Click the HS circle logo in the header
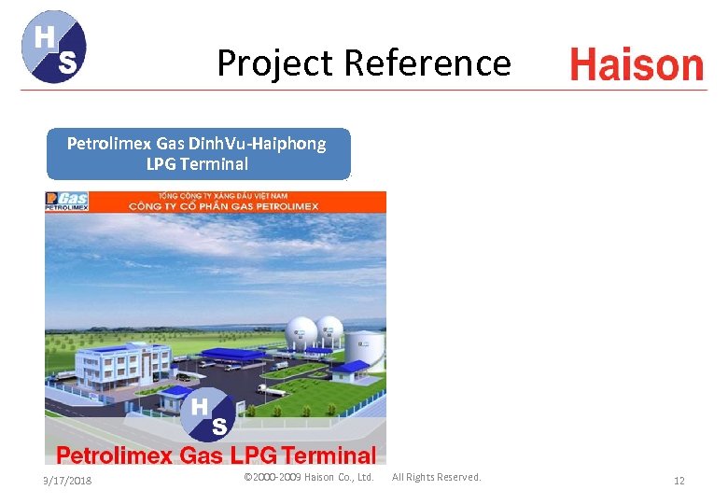(x=53, y=47)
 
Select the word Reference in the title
(x=427, y=63)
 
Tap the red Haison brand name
(x=637, y=65)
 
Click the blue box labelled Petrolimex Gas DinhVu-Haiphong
(x=198, y=154)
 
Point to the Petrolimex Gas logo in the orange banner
(x=66, y=202)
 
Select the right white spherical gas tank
(x=329, y=329)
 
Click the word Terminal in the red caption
(x=328, y=455)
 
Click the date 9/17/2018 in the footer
(x=66, y=481)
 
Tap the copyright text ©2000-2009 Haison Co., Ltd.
(x=308, y=478)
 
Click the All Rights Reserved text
(x=436, y=478)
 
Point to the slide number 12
(x=679, y=481)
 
